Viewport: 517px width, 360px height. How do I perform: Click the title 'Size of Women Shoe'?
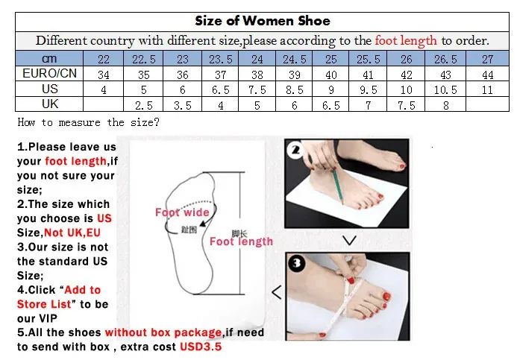[x=263, y=21]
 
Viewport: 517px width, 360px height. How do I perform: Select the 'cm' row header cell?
[x=49, y=59]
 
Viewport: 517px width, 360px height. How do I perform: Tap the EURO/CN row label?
[x=49, y=73]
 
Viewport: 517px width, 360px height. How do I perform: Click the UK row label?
[x=50, y=104]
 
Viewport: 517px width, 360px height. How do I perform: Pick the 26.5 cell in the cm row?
[x=445, y=59]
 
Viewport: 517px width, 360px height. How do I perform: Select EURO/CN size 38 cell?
[x=257, y=75]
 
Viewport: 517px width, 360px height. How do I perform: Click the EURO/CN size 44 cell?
[x=488, y=75]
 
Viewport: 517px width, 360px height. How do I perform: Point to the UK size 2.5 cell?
[x=144, y=105]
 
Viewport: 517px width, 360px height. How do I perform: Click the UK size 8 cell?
[x=446, y=105]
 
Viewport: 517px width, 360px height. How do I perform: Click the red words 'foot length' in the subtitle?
[x=406, y=40]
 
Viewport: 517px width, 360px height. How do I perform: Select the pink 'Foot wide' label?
[x=182, y=212]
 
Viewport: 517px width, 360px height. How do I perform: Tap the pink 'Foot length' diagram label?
[x=242, y=241]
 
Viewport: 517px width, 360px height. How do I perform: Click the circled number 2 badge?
[x=295, y=151]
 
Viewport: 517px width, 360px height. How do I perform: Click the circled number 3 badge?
[x=297, y=263]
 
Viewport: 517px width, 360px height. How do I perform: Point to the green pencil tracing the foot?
[x=338, y=186]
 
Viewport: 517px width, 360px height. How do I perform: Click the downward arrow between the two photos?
[x=349, y=241]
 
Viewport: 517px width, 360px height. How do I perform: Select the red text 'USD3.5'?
[x=201, y=347]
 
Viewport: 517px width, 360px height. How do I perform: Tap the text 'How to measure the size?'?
[x=88, y=122]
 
